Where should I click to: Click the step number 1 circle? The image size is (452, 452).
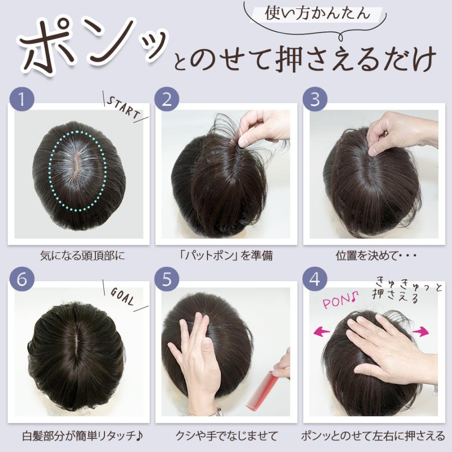point(21,98)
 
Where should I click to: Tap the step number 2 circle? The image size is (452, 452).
point(167,98)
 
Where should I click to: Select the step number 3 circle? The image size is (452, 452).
point(315,98)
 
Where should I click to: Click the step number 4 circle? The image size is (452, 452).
point(315,279)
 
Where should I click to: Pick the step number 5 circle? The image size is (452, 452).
point(167,279)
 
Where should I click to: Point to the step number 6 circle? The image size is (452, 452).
point(21,279)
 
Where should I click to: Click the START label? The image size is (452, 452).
point(123,106)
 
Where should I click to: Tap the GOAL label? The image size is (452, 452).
point(122,297)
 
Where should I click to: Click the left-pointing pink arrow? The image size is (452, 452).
point(324,331)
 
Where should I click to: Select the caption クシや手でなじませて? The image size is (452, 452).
point(227,435)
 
